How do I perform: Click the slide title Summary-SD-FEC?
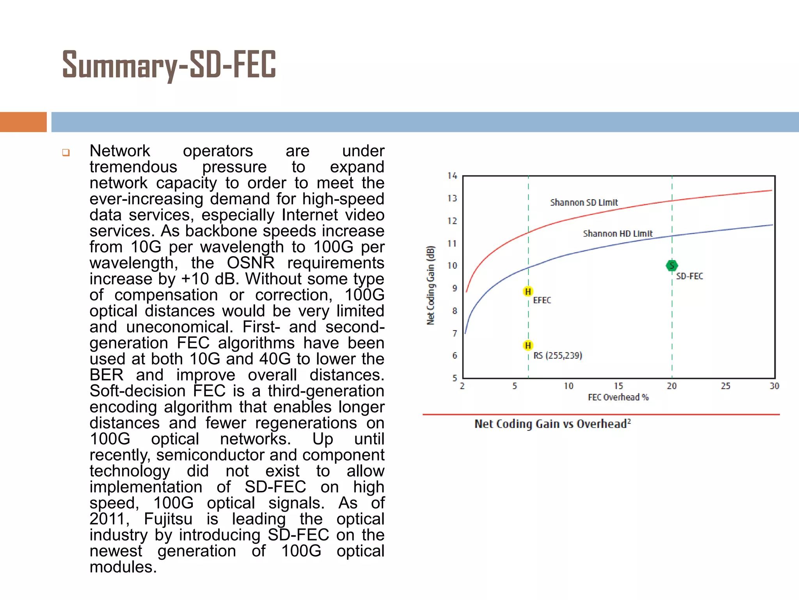click(169, 65)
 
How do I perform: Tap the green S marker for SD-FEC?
click(671, 266)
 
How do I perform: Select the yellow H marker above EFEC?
click(528, 291)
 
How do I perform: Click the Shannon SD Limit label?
click(584, 202)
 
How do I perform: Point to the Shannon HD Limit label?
click(618, 234)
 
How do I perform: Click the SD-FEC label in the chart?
click(689, 276)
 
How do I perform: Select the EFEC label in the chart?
click(542, 300)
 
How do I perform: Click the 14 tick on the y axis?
click(452, 176)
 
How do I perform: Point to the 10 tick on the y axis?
click(452, 266)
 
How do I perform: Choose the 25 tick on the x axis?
click(725, 386)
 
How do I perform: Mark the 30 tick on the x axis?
click(774, 386)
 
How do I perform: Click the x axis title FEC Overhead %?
click(618, 397)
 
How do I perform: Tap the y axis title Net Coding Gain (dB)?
click(430, 285)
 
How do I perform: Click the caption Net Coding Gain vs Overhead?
click(552, 424)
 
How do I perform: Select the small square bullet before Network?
click(66, 152)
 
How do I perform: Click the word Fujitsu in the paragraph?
click(168, 519)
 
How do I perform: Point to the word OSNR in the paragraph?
click(250, 263)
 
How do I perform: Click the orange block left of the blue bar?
click(23, 122)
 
